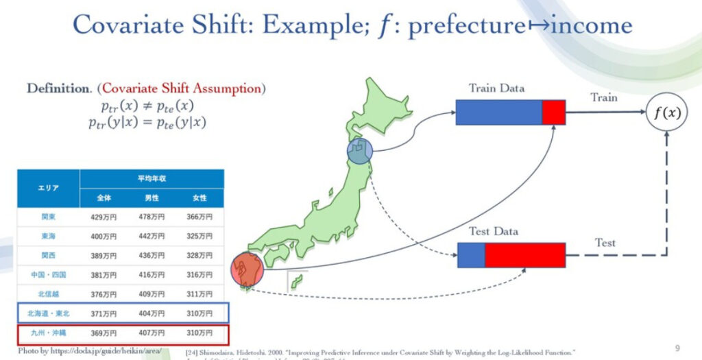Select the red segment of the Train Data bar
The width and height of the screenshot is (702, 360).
553,112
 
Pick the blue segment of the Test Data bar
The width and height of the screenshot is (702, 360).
470,255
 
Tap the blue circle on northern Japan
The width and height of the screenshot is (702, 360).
359,151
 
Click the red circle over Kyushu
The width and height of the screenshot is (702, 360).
247,269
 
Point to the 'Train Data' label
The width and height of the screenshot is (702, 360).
496,88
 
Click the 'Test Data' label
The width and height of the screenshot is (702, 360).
493,232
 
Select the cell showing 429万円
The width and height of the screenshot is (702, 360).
104,217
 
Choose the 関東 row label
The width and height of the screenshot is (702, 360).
48,217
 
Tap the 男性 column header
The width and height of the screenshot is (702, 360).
152,197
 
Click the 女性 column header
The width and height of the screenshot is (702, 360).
199,197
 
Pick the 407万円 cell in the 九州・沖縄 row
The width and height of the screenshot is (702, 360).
152,333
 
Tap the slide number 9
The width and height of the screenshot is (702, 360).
677,347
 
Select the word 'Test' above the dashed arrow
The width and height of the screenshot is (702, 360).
605,243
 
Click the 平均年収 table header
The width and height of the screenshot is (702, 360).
152,178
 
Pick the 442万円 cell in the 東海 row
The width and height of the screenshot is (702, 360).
152,236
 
